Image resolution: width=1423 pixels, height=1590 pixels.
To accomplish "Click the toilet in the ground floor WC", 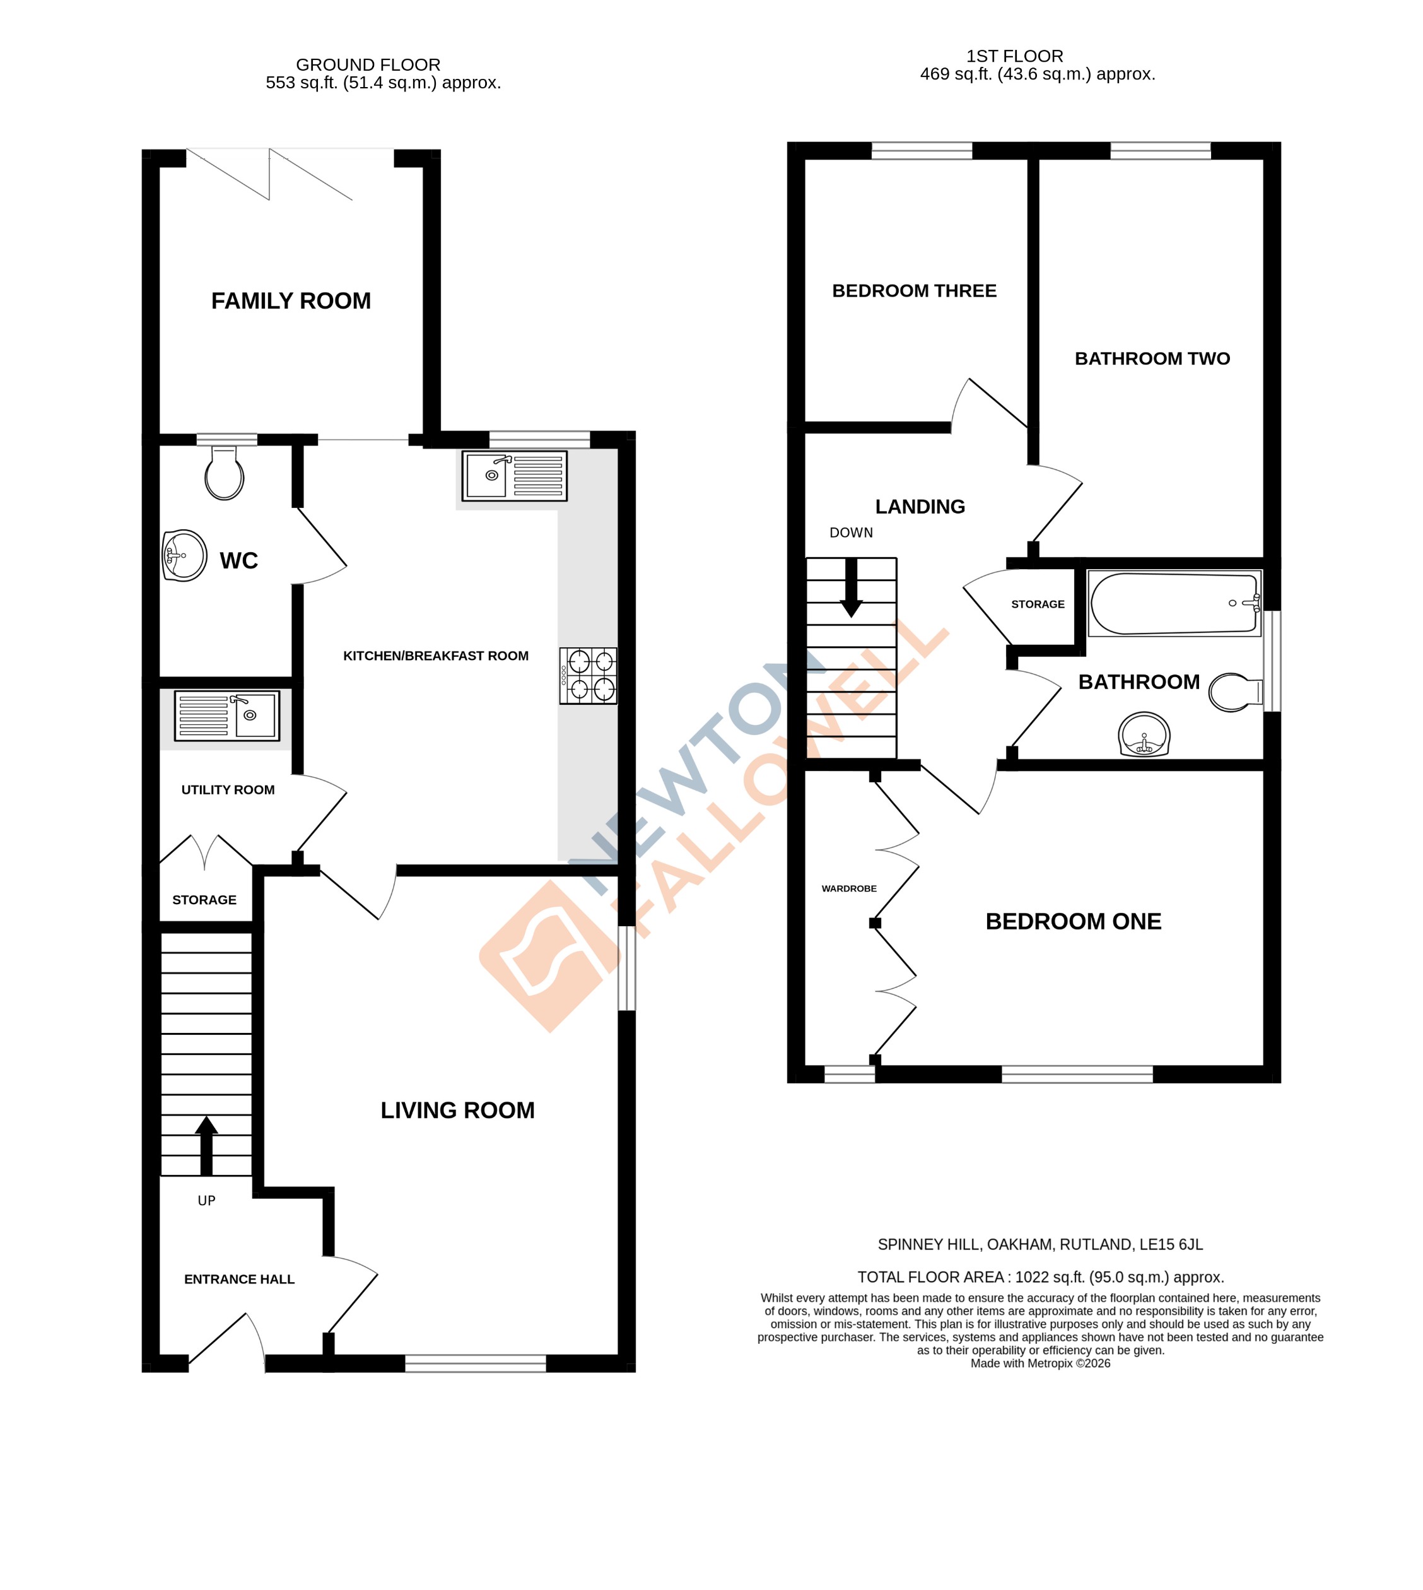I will pos(225,474).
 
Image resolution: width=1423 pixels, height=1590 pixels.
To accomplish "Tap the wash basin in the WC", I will pos(185,556).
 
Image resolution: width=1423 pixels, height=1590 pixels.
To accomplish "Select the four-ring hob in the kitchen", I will pos(588,676).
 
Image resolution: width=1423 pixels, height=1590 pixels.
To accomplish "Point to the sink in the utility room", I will pos(226,715).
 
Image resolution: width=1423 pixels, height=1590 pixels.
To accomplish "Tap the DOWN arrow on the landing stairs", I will pos(851,588).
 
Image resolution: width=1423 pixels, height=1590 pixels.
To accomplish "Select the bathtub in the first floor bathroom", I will pos(1174,603).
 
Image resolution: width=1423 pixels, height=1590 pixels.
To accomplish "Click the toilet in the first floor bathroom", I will pos(1234,692).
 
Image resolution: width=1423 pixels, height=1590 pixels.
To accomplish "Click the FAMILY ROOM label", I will pos(291,301).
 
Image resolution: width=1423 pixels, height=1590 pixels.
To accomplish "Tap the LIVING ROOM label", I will pos(457,1110).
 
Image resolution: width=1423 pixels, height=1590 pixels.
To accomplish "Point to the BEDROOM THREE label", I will pos(914,291).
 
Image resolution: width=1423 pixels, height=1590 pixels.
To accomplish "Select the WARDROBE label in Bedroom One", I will pos(849,888).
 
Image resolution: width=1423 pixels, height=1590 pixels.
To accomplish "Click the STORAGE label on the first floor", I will pos(1038,604).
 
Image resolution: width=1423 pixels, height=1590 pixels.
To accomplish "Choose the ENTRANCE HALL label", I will pos(239,1280).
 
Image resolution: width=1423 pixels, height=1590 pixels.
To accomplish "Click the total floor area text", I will pos(1041,1277).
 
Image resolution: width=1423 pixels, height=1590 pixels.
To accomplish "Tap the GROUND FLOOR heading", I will pos(368,65).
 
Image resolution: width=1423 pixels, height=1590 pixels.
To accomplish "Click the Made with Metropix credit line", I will pos(1040,1363).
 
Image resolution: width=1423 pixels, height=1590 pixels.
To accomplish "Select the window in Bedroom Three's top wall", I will pos(922,151).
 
